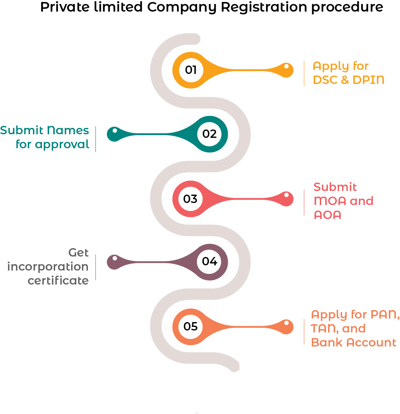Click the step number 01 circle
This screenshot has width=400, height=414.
[191, 70]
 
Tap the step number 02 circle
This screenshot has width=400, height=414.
[209, 134]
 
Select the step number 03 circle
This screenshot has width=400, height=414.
[191, 199]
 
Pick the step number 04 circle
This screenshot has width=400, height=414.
[209, 262]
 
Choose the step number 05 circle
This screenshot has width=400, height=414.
[191, 326]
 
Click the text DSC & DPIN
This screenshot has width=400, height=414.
[348, 80]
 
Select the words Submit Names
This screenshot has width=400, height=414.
[44, 130]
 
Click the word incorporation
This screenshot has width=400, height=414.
[48, 267]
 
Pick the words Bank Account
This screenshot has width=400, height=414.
[354, 342]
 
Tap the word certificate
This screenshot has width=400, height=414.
[58, 281]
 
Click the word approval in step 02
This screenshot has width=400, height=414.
[62, 144]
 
